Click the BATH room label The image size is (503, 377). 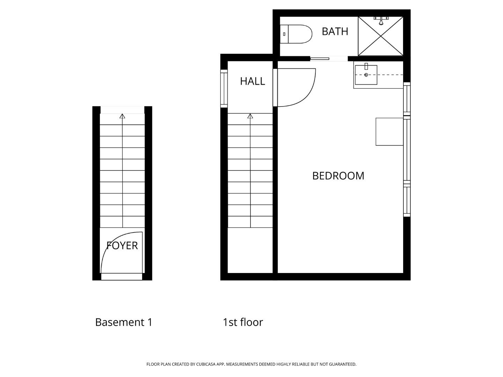[x=335, y=31]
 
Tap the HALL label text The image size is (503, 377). [x=252, y=81]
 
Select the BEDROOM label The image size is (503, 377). [x=338, y=176]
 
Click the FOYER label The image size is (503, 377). [x=122, y=246]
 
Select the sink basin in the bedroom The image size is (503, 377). [x=366, y=75]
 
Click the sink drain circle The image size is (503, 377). [x=366, y=75]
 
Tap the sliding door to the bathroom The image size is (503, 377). [x=320, y=59]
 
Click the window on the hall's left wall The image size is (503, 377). [x=224, y=88]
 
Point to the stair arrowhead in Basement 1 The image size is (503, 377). [x=122, y=116]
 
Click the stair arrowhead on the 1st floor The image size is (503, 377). [x=250, y=116]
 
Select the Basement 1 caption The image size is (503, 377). [x=124, y=322]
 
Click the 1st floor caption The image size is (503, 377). [x=243, y=322]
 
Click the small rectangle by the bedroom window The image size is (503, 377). [x=389, y=132]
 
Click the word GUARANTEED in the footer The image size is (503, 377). [x=342, y=364]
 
